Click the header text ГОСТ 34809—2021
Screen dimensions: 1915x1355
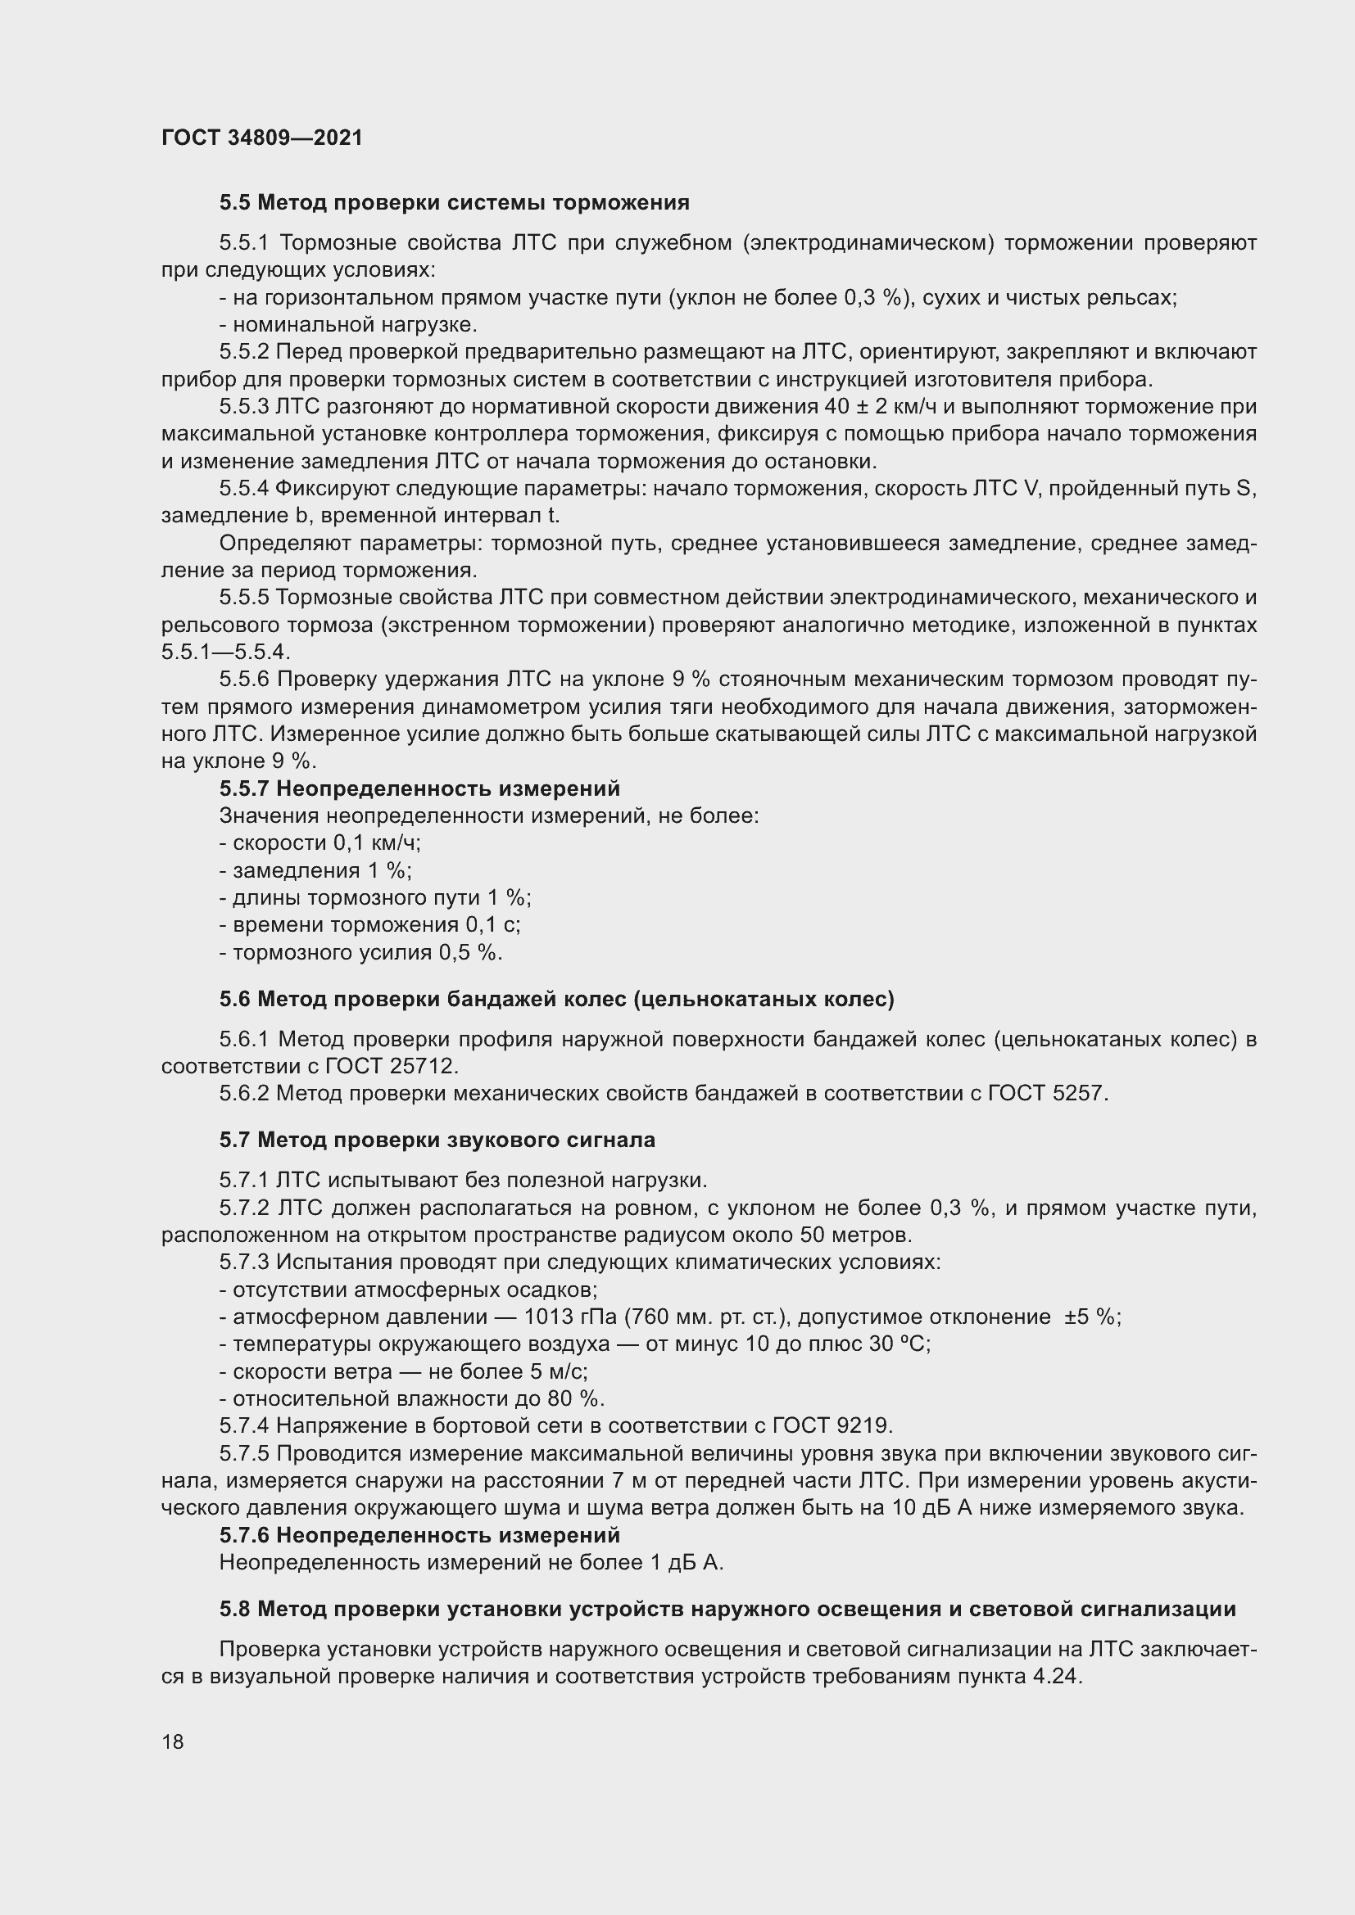[262, 138]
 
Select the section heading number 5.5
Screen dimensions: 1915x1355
[235, 202]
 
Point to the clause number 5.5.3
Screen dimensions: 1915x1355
[244, 406]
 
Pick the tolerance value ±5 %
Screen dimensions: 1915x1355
[1091, 1317]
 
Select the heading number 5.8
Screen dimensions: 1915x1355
[235, 1609]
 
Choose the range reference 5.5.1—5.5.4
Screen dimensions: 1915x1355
[225, 653]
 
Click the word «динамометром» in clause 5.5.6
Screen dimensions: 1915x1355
[498, 707]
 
